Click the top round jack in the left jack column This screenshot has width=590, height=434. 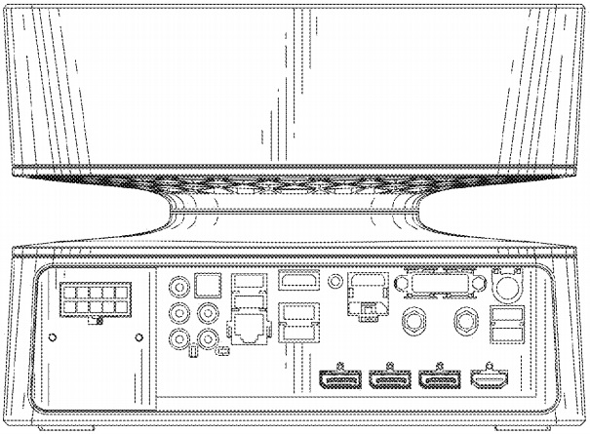coord(180,288)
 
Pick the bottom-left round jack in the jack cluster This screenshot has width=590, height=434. coord(180,340)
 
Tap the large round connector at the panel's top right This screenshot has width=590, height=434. coord(506,286)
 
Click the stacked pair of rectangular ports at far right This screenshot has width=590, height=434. coord(506,325)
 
